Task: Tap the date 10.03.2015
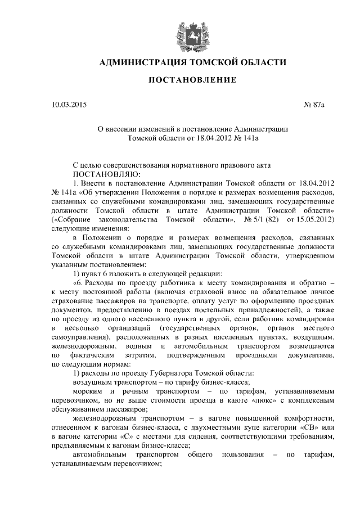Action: [69, 105]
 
